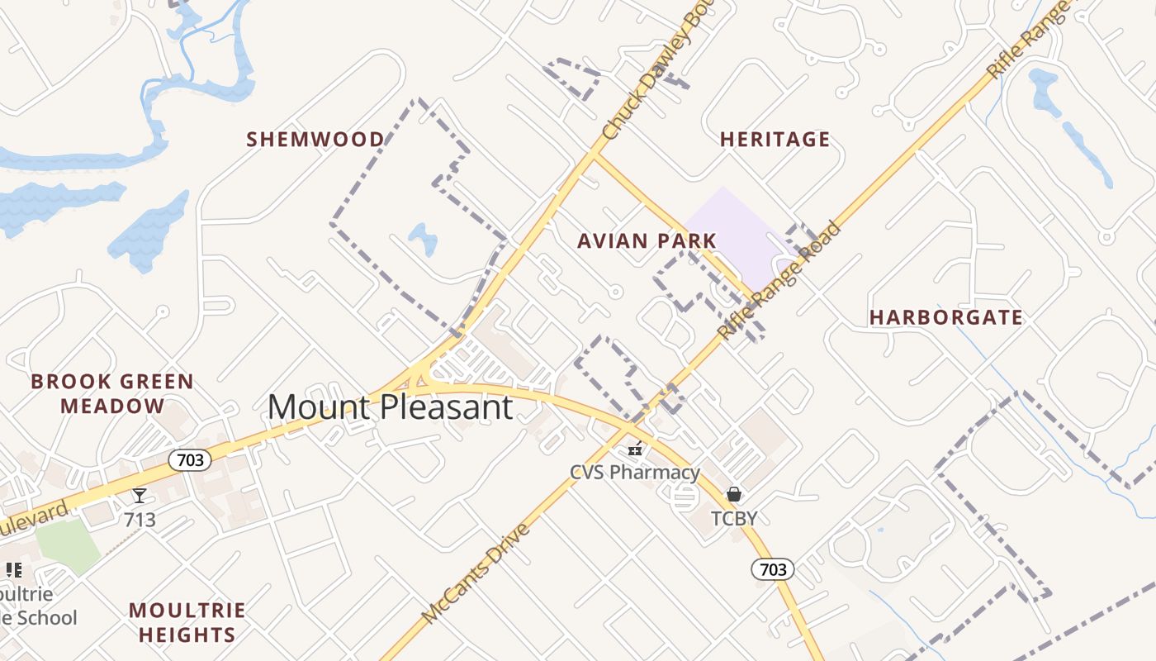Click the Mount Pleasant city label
point(390,407)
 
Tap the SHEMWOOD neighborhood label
point(315,139)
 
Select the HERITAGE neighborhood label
point(775,139)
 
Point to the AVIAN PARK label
point(647,240)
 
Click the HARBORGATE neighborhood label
point(946,317)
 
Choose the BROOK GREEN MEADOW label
point(112,394)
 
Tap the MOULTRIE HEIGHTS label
point(187,622)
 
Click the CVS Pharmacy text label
point(635,473)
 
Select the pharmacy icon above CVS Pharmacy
point(635,449)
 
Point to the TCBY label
point(734,519)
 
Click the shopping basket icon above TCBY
point(734,494)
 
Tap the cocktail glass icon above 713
point(140,496)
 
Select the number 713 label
point(140,521)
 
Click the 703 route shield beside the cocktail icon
point(190,460)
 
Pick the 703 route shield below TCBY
point(773,568)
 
